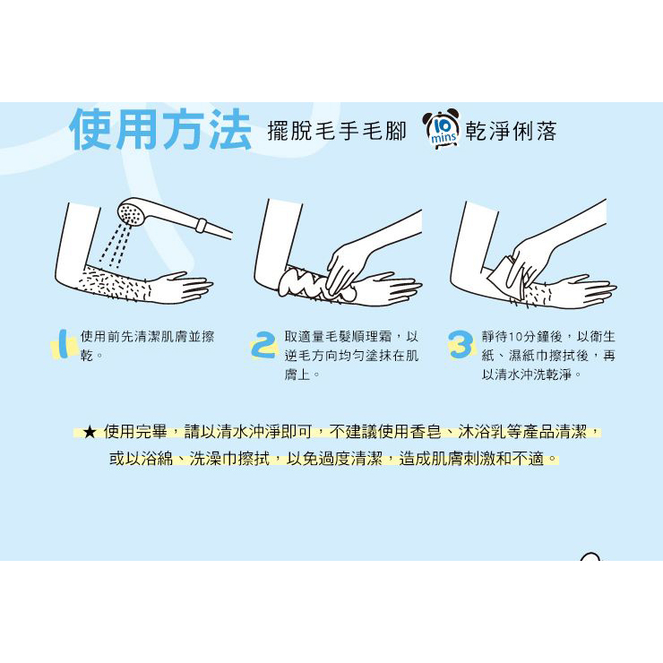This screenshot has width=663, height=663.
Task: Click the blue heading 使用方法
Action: coord(160,129)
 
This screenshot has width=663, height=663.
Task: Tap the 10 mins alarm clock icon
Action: coord(442,128)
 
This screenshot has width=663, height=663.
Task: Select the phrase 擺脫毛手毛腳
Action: coord(337,130)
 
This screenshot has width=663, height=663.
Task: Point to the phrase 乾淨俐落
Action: coord(511,131)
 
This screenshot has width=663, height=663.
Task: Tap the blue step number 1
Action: coord(63,343)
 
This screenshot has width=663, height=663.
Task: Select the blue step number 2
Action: coord(263,344)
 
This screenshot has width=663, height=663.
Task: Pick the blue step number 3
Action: coord(460,344)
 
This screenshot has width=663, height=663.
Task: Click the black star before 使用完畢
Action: coord(89,432)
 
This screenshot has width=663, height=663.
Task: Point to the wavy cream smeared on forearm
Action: coord(316,283)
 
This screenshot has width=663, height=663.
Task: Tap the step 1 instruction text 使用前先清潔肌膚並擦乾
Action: coord(147,346)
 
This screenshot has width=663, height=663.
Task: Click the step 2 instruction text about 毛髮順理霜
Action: coord(351,355)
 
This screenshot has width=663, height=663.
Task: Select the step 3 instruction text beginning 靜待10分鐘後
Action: coord(548,355)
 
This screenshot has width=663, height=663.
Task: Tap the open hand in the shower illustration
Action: coord(182,288)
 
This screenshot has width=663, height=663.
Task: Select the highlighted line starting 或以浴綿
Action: coord(333,458)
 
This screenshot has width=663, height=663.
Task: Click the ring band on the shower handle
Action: coord(201,225)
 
